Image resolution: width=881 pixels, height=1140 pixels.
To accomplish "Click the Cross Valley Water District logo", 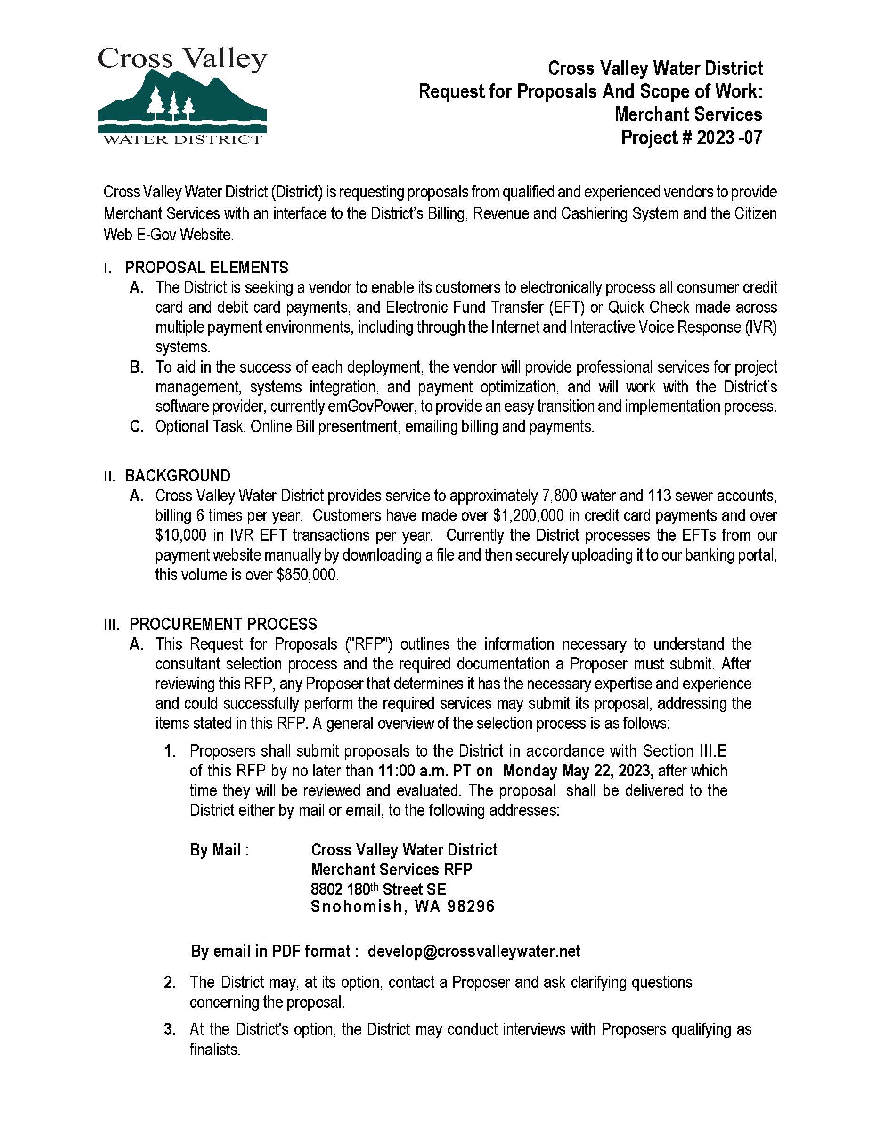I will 182,96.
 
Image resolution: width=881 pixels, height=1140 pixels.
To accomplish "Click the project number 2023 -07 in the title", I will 729,137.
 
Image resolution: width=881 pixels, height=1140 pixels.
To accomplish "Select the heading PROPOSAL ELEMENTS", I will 206,268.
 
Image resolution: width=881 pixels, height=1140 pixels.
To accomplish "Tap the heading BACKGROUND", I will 178,475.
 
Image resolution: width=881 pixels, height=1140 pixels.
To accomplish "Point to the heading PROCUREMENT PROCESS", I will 223,624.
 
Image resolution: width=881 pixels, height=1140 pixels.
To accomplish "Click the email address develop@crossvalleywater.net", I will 473,951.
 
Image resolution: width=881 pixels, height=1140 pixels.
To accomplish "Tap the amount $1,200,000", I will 528,515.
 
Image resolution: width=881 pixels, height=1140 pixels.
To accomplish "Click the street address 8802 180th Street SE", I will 378,889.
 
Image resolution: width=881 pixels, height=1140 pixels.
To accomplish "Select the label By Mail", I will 219,850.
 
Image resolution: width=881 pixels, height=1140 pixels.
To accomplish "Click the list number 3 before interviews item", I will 169,1029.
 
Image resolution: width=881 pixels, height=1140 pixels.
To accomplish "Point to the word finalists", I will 214,1049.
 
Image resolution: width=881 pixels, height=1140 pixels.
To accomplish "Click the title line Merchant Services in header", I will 688,114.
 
